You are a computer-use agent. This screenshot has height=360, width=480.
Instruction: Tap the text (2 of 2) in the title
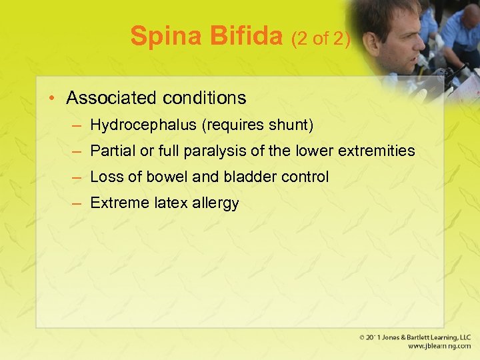point(321,39)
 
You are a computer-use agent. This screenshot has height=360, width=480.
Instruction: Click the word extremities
point(376,151)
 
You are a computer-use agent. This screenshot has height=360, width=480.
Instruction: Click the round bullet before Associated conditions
point(51,99)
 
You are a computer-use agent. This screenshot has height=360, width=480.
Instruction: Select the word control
point(305,177)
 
